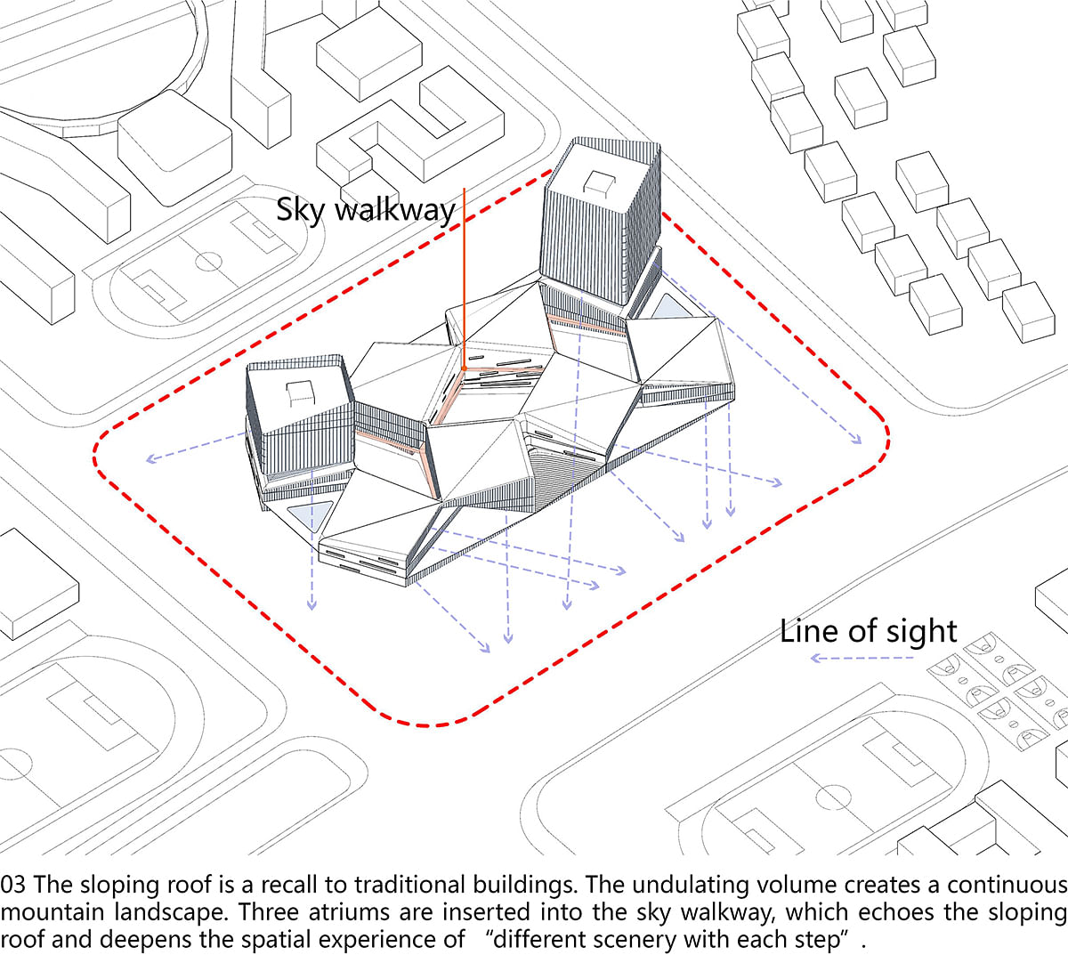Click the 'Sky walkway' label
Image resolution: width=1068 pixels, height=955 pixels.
[x=366, y=210]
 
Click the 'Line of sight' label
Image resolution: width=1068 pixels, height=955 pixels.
[x=868, y=631]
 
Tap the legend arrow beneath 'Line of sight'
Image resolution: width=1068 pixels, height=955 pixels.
[x=860, y=659]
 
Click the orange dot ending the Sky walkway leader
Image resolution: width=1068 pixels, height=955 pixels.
[x=464, y=367]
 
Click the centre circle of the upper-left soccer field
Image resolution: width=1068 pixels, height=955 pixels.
[x=208, y=262]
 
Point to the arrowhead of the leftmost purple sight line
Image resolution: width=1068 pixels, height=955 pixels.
[x=148, y=460]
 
